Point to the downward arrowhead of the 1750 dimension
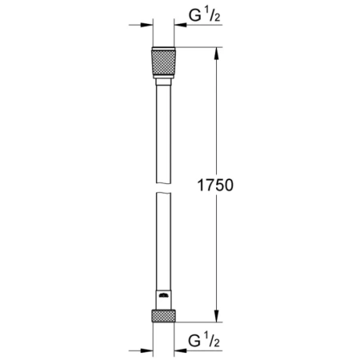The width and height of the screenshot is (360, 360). coord(216,315)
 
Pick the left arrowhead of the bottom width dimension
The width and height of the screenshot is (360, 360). coord(147,348)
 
